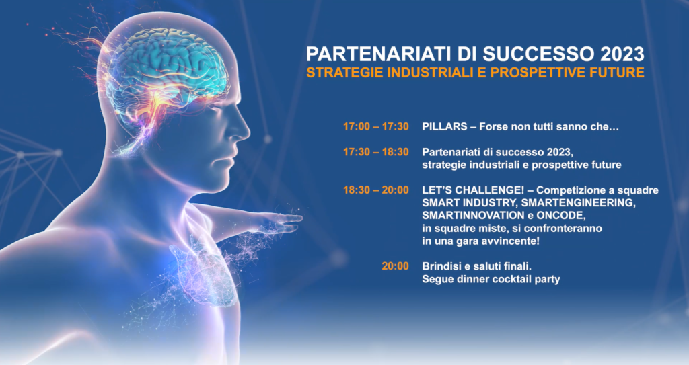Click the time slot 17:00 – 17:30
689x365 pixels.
376,127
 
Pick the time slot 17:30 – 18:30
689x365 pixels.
376,152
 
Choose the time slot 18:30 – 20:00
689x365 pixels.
376,190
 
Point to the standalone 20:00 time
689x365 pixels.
395,266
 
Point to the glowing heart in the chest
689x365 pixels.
205,274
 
